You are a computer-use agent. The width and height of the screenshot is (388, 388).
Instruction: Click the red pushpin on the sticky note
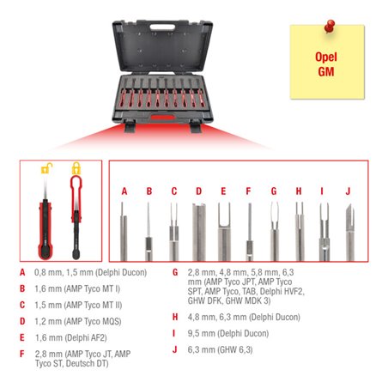pyautogui.click(x=330, y=27)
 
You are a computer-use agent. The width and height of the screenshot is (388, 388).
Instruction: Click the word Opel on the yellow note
pyautogui.click(x=326, y=57)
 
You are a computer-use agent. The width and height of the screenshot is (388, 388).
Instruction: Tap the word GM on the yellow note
pyautogui.click(x=326, y=71)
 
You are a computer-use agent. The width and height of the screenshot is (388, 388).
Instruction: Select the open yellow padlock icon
pyautogui.click(x=47, y=168)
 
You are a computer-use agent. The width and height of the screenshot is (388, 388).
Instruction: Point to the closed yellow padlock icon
pyautogui.click(x=76, y=168)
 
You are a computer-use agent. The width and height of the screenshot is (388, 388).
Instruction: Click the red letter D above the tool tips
pyautogui.click(x=199, y=191)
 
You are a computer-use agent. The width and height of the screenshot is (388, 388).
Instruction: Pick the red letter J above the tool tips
pyautogui.click(x=348, y=191)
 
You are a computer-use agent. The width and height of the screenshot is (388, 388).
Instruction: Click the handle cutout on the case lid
pyautogui.click(x=162, y=27)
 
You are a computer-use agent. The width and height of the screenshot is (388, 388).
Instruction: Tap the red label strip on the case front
pyautogui.click(x=162, y=118)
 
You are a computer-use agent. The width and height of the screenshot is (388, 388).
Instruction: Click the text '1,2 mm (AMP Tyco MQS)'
pyautogui.click(x=78, y=322)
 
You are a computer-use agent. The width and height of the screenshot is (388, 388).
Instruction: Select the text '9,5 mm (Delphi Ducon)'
pyautogui.click(x=228, y=334)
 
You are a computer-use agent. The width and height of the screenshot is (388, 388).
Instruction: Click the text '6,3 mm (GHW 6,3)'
pyautogui.click(x=220, y=349)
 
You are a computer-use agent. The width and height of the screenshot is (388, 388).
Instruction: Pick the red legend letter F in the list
pyautogui.click(x=22, y=354)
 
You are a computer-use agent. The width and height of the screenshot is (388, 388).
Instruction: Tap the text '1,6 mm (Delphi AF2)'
pyautogui.click(x=70, y=338)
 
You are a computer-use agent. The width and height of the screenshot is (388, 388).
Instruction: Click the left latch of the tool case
pyautogui.click(x=130, y=125)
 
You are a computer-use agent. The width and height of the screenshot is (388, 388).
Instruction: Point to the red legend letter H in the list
pyautogui.click(x=175, y=317)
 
